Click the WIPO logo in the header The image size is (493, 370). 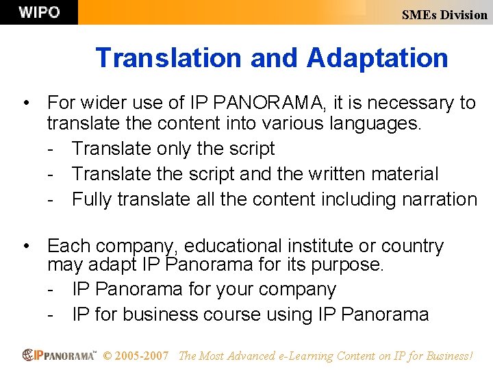39,12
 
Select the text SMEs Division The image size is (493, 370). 444,14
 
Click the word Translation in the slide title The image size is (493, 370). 169,58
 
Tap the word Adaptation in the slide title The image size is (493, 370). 377,58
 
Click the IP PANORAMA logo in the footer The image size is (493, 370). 59,355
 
